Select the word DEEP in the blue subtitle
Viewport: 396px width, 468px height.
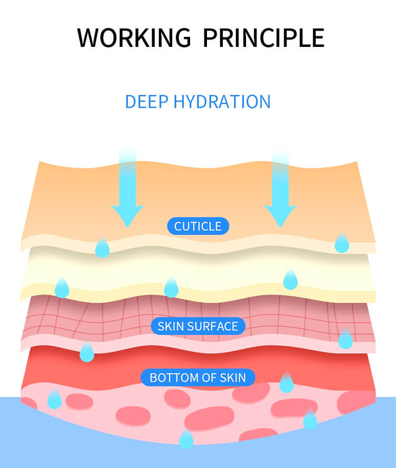click(x=146, y=102)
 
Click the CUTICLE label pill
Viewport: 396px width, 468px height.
click(x=198, y=226)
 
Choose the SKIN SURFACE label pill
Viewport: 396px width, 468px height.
click(x=198, y=326)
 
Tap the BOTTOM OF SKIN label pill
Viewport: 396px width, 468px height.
click(x=198, y=377)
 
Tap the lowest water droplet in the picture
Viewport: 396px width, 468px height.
click(x=186, y=439)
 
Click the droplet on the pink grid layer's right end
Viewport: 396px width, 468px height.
click(x=345, y=339)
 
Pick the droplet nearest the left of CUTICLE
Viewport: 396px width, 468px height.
click(x=102, y=248)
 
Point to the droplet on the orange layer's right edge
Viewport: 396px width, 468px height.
click(x=342, y=243)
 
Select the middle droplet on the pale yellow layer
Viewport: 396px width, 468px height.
click(x=171, y=288)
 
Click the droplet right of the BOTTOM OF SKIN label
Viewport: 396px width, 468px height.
click(x=286, y=383)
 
